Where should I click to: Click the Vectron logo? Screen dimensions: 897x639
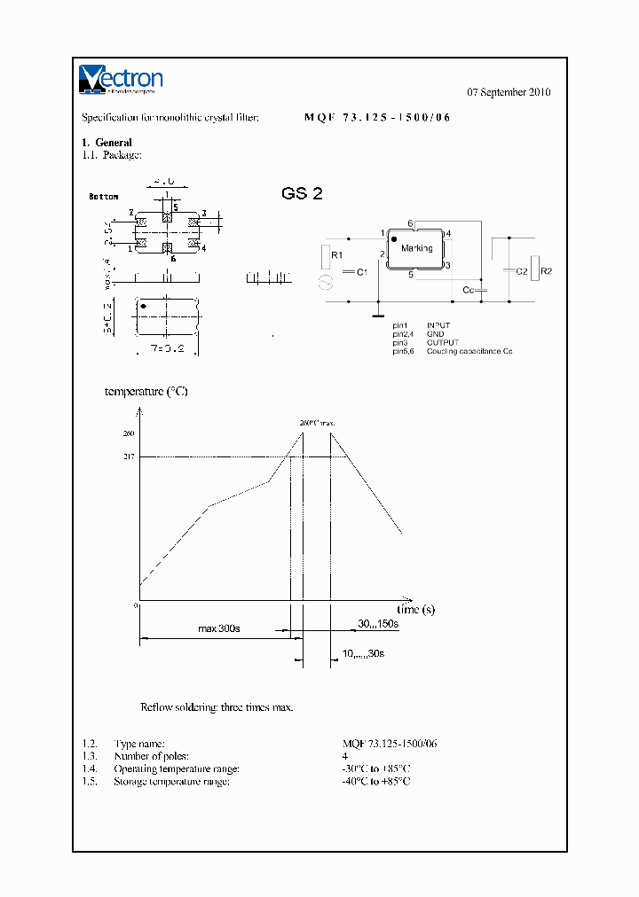point(121,79)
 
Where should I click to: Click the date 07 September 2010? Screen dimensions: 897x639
point(509,92)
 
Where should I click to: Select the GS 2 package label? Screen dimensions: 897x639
point(301,193)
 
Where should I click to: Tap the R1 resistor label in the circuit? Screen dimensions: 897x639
point(335,255)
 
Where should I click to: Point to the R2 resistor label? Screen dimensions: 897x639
point(546,271)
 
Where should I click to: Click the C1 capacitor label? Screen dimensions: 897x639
point(361,272)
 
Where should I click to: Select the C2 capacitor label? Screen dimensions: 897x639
point(522,271)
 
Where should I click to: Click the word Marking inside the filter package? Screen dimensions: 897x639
point(416,248)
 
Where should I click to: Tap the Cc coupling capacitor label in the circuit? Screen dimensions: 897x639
point(468,290)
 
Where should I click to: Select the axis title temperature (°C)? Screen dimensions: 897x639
point(146,391)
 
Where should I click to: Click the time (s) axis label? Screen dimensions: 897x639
point(415,610)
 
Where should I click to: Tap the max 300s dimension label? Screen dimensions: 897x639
point(218,628)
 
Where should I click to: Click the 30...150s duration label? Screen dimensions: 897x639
point(378,624)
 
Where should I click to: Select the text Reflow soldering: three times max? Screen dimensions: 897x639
point(217,707)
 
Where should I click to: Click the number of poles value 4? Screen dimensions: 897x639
point(345,756)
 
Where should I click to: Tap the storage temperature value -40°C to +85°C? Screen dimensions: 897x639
point(376,781)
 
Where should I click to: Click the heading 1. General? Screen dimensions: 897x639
point(106,143)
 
